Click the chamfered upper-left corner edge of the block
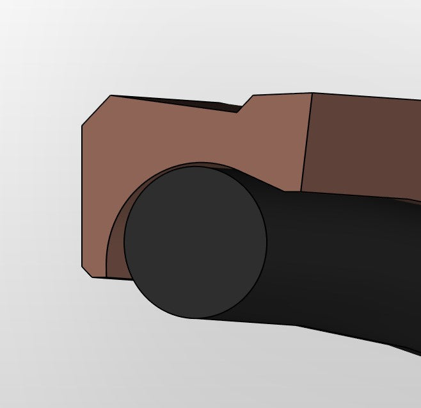96,110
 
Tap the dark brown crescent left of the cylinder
115,243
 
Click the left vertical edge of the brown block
82,192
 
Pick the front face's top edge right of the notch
282,94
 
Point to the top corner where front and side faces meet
312,93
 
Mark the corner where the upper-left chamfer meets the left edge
82,125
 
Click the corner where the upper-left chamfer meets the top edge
110,95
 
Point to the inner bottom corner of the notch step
238,111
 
